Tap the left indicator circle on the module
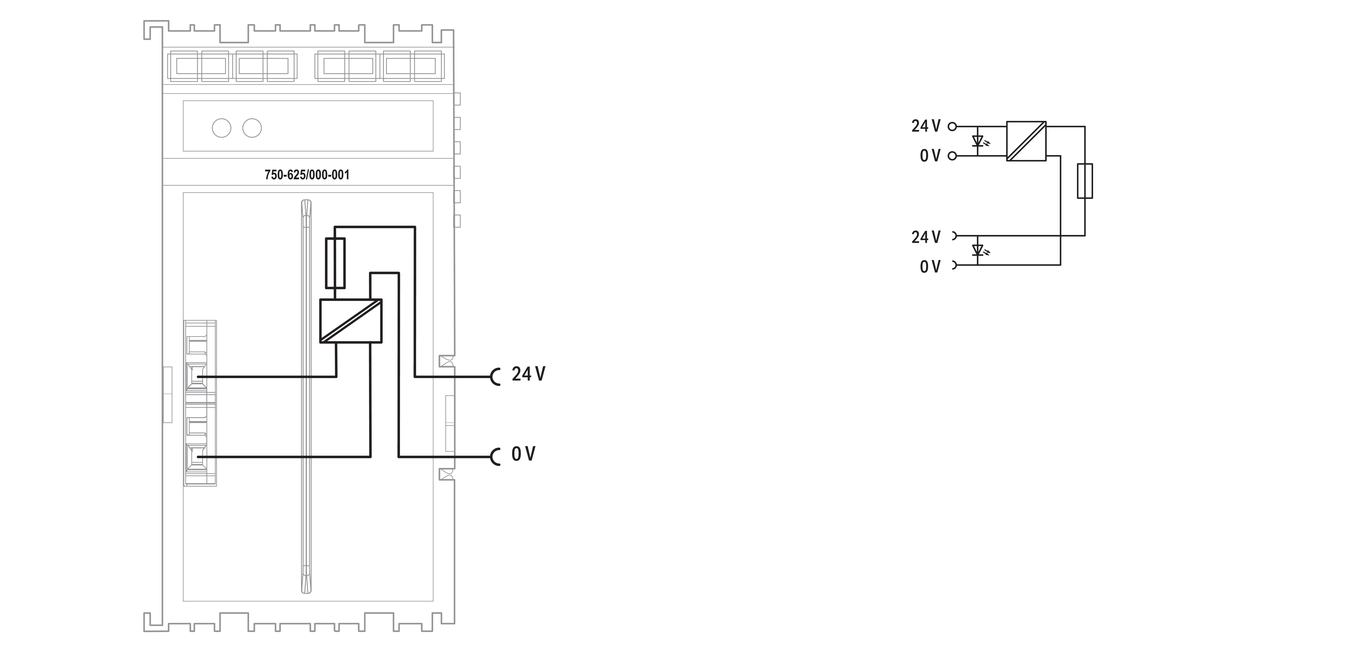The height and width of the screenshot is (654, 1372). coord(222,128)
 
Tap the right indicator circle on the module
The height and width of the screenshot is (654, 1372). coord(252,128)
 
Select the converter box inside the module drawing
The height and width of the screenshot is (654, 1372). coord(350,320)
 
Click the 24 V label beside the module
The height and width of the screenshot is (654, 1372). coord(528,374)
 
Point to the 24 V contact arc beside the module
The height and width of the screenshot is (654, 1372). coord(495,377)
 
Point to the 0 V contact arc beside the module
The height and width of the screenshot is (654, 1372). coord(495,457)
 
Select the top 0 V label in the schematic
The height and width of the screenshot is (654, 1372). coord(930,156)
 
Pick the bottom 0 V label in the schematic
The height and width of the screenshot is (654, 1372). coord(930,267)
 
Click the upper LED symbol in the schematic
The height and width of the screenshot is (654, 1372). coord(978,141)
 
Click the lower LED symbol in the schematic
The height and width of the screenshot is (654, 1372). coord(978,250)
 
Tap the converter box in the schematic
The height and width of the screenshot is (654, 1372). coord(1026,141)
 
